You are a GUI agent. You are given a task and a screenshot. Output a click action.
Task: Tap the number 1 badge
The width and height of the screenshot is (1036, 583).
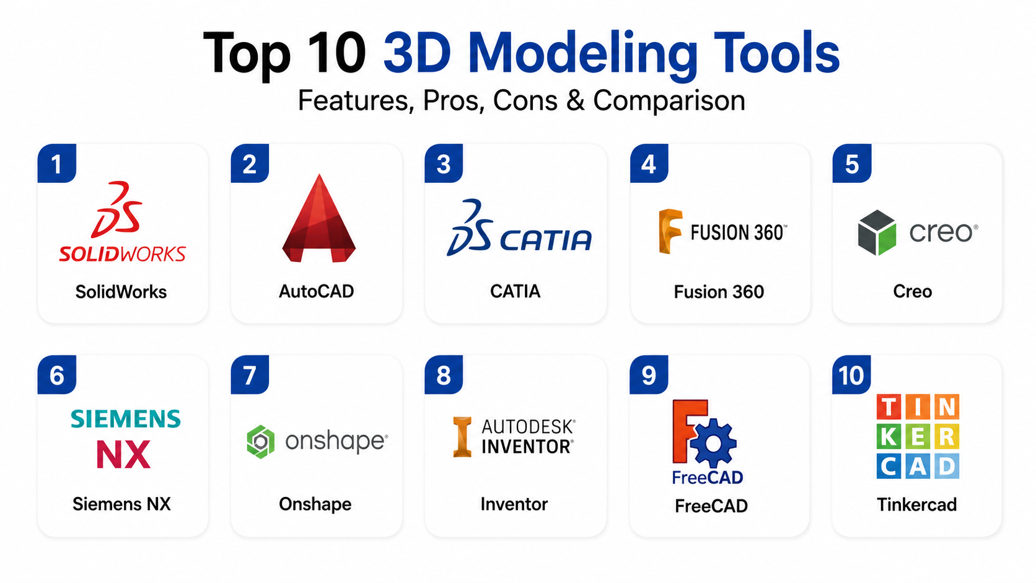pyautogui.click(x=57, y=163)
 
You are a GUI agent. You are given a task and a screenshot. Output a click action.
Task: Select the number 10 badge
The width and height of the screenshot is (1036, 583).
pyautogui.click(x=851, y=374)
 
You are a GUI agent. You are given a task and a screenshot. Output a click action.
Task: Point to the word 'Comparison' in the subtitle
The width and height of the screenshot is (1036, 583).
pyautogui.click(x=669, y=100)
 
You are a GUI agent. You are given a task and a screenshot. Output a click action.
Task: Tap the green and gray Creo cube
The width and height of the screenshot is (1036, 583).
pyautogui.click(x=877, y=232)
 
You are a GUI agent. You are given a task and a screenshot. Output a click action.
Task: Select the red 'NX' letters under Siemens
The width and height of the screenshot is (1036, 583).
pyautogui.click(x=123, y=454)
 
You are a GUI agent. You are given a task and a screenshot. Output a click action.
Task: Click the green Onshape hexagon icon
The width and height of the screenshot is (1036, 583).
pyautogui.click(x=261, y=442)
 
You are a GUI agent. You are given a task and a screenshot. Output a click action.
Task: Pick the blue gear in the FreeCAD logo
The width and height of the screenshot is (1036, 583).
pyautogui.click(x=713, y=444)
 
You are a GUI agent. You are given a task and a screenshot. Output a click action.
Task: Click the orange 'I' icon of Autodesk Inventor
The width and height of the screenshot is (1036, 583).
pyautogui.click(x=462, y=437)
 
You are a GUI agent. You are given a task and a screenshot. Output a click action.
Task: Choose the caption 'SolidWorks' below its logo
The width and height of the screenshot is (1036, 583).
pyautogui.click(x=121, y=292)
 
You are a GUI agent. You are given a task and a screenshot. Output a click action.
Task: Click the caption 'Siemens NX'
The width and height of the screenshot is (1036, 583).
pyautogui.click(x=121, y=504)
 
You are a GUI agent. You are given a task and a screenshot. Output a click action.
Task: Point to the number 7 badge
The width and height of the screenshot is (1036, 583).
pyautogui.click(x=250, y=374)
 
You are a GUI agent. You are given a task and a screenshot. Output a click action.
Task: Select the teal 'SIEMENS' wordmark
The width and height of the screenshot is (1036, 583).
pyautogui.click(x=125, y=419)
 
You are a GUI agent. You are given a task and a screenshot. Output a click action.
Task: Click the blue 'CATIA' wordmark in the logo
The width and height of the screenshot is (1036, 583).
pyautogui.click(x=547, y=240)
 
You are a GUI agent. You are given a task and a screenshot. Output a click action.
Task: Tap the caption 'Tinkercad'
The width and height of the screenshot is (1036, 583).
pyautogui.click(x=916, y=504)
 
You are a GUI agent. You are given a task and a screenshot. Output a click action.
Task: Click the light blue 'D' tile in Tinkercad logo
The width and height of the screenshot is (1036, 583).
pyautogui.click(x=947, y=466)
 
